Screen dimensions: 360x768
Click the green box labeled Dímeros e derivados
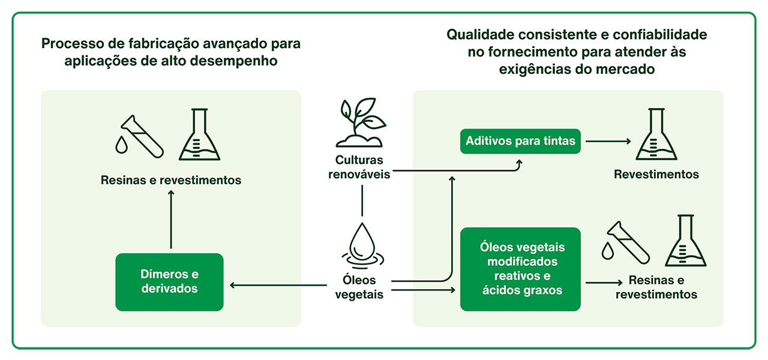click(x=169, y=282)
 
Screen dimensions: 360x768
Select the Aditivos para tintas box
click(x=520, y=141)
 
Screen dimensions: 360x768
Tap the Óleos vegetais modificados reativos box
click(x=520, y=269)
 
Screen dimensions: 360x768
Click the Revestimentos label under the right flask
click(x=656, y=175)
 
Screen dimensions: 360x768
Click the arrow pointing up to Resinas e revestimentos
click(x=171, y=219)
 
